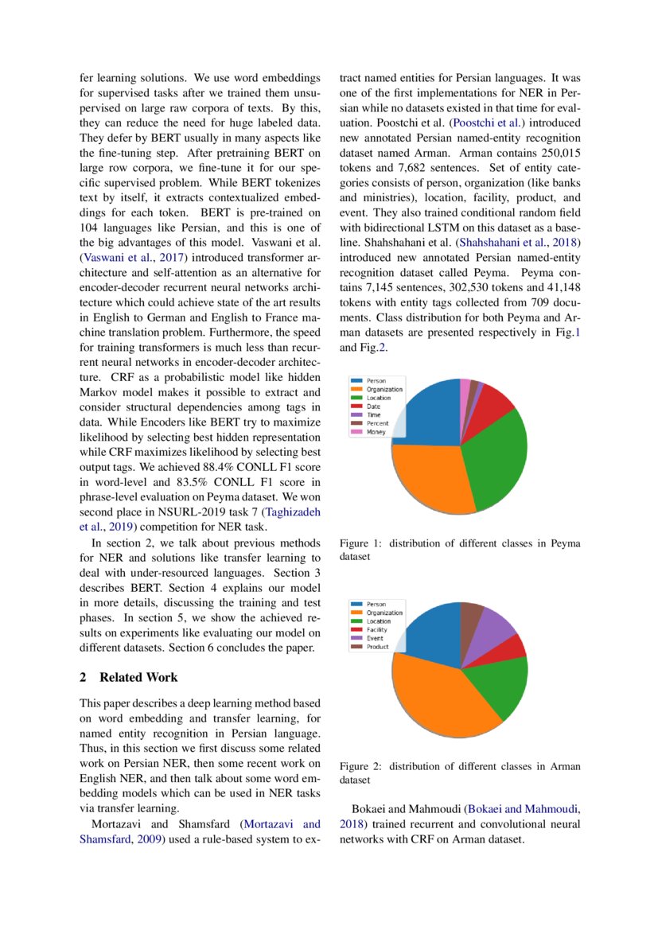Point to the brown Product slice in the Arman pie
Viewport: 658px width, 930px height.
[471, 614]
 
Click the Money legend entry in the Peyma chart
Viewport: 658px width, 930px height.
[376, 432]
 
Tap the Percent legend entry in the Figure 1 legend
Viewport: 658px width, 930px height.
[378, 423]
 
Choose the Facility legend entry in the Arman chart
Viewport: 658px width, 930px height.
[377, 630]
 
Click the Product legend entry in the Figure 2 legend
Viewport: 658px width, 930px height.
[378, 647]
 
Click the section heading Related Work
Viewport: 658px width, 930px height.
[138, 677]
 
